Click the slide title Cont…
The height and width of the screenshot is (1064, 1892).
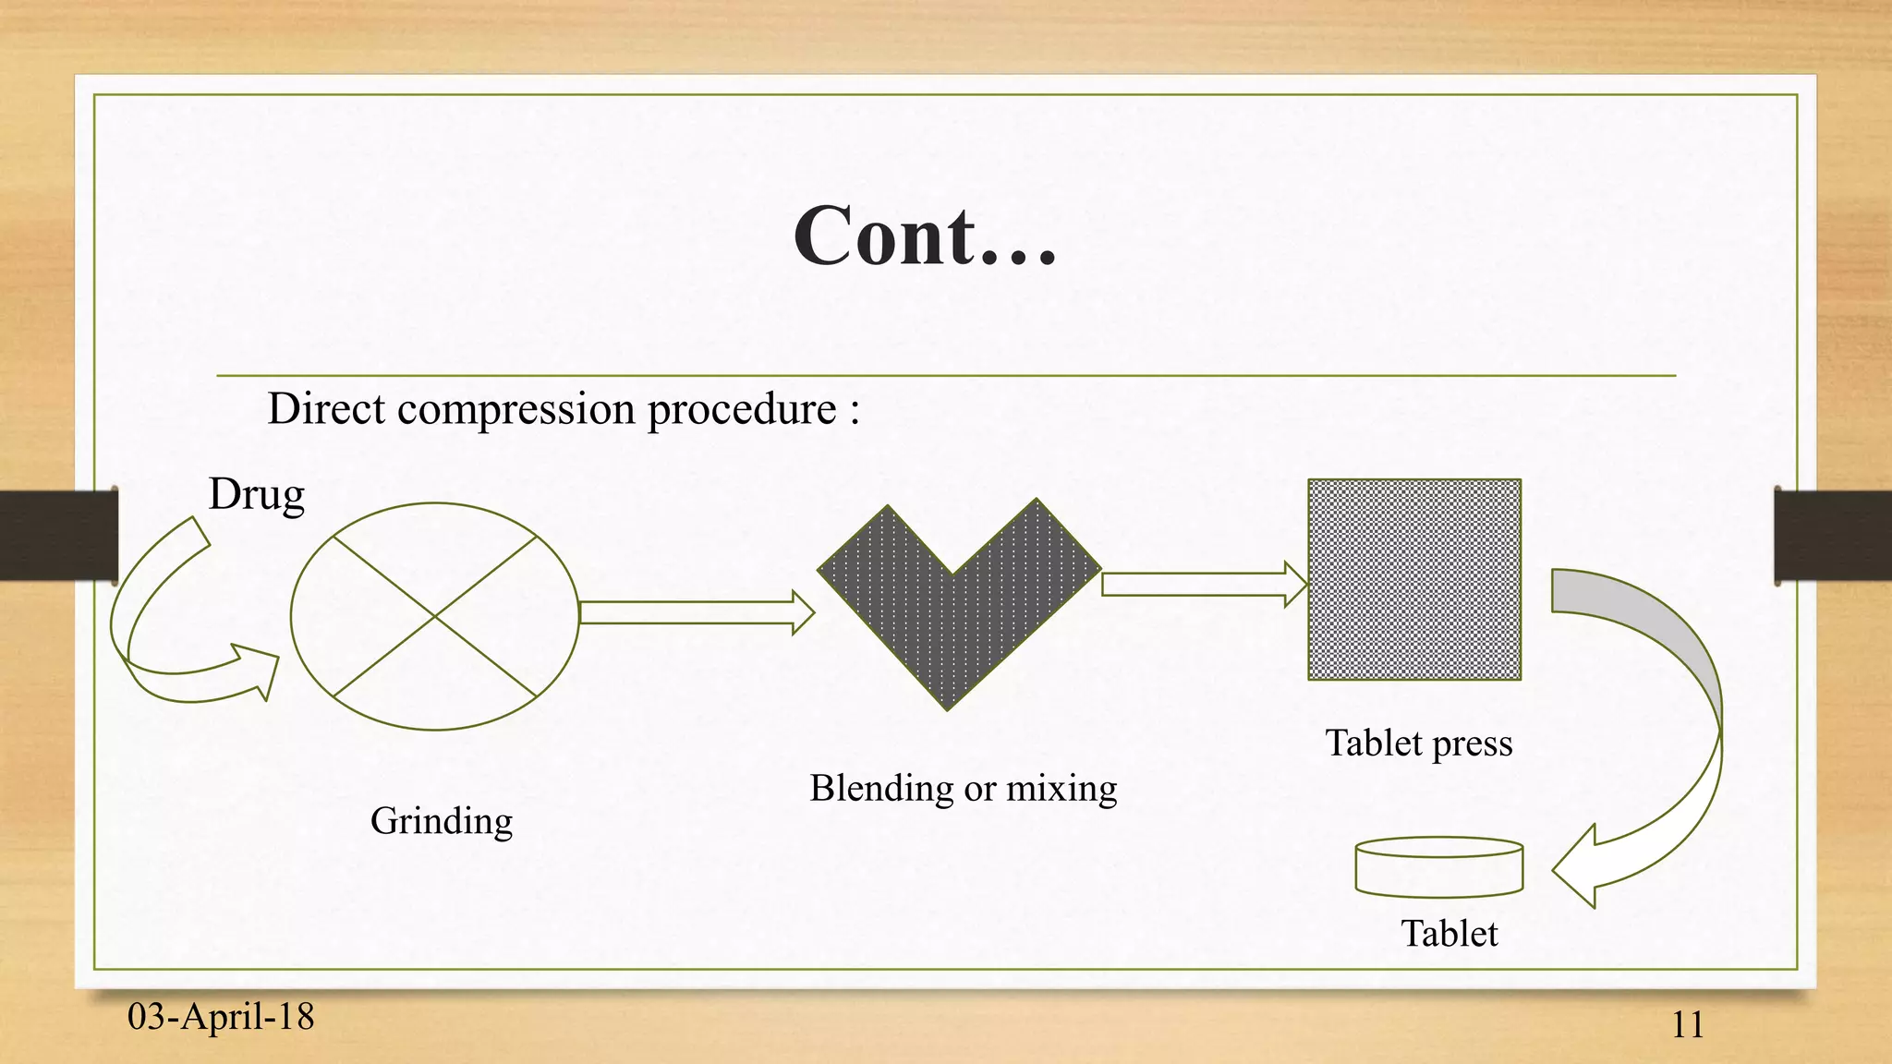pyautogui.click(x=925, y=236)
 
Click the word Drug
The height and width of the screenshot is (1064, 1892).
pyautogui.click(x=256, y=494)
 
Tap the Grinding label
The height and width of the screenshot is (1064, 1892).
pyautogui.click(x=442, y=820)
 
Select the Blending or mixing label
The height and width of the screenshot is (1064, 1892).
pyautogui.click(x=964, y=788)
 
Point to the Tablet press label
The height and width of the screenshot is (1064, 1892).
pyautogui.click(x=1419, y=743)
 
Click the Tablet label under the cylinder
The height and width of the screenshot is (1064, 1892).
pyautogui.click(x=1449, y=933)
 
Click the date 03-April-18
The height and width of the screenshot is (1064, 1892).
pyautogui.click(x=221, y=1016)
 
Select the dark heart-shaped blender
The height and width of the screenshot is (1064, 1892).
pyautogui.click(x=952, y=610)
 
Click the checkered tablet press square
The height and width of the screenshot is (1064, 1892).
pyautogui.click(x=1414, y=579)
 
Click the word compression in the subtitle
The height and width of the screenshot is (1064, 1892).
pyautogui.click(x=515, y=408)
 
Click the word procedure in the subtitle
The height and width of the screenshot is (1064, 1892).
pyautogui.click(x=742, y=409)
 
